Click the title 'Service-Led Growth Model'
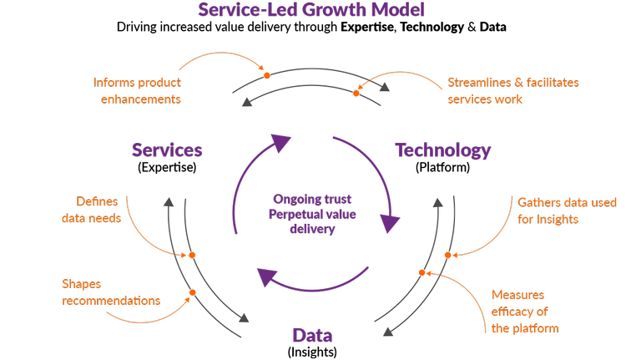pyautogui.click(x=311, y=10)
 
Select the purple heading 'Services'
pyautogui.click(x=167, y=150)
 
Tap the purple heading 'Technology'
pyautogui.click(x=442, y=150)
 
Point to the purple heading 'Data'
pyautogui.click(x=312, y=336)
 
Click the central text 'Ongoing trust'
pyautogui.click(x=312, y=200)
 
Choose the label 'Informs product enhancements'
pyautogui.click(x=137, y=90)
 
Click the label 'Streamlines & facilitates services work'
pyautogui.click(x=512, y=90)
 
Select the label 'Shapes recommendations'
pyautogui.click(x=111, y=292)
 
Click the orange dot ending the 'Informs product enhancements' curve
pyautogui.click(x=267, y=76)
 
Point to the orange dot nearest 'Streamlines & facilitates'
pyautogui.click(x=356, y=93)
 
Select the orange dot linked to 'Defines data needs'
pyautogui.click(x=192, y=255)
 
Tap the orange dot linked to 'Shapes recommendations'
pyautogui.click(x=193, y=292)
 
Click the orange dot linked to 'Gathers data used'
pyautogui.click(x=447, y=255)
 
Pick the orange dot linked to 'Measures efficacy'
pyautogui.click(x=422, y=272)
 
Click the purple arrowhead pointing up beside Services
pyautogui.click(x=280, y=144)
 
